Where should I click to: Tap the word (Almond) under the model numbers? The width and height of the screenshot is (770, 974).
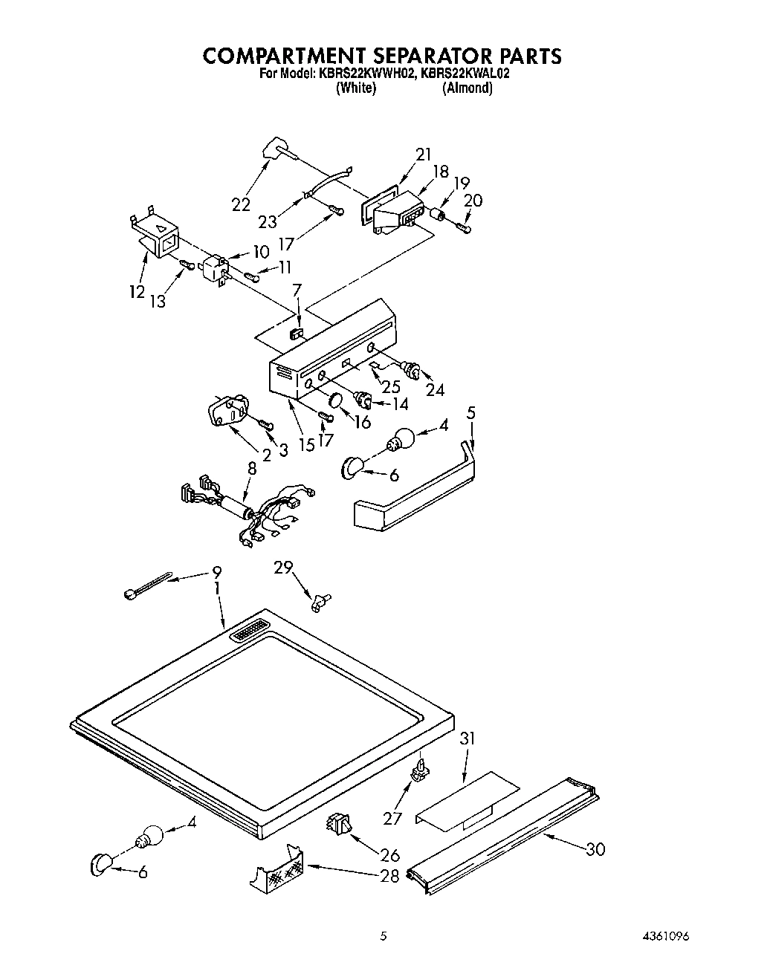tap(467, 88)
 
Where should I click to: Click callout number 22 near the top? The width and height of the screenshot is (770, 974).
tap(241, 205)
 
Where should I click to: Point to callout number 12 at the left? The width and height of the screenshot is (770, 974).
tap(136, 292)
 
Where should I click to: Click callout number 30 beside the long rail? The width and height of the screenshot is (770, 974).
tap(595, 849)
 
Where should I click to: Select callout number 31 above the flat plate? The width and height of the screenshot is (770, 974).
tap(467, 739)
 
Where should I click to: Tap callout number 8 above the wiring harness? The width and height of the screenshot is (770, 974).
tap(252, 469)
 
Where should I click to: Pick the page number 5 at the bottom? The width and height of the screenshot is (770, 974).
tap(384, 937)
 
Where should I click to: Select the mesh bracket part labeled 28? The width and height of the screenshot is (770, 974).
tap(277, 873)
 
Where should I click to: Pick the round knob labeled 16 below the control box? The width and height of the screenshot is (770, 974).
tap(336, 403)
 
